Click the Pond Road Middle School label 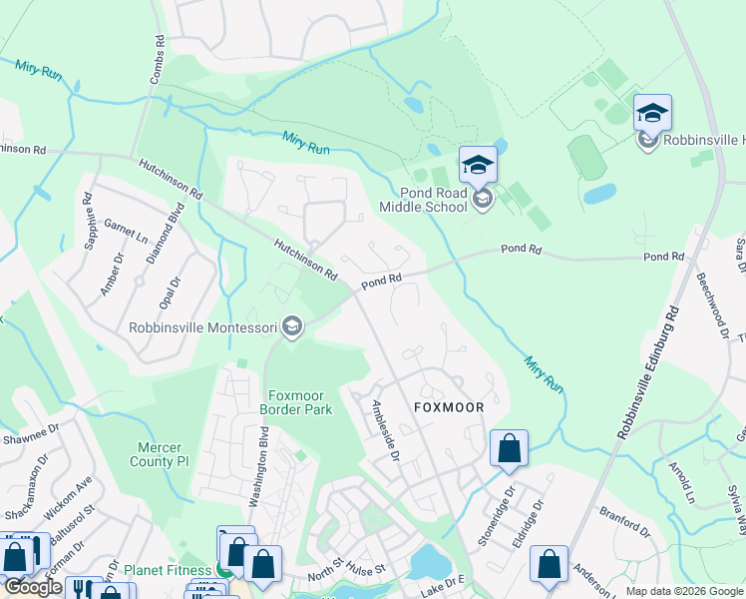coord(422,200)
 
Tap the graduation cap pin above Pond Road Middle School coord(478,164)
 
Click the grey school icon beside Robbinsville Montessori coord(292,327)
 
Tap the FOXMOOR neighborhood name coord(449,408)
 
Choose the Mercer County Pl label coord(159,454)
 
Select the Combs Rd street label coord(158,54)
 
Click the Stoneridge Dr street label coord(498,516)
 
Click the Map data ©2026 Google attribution coord(684,591)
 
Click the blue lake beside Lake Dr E coord(429,562)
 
